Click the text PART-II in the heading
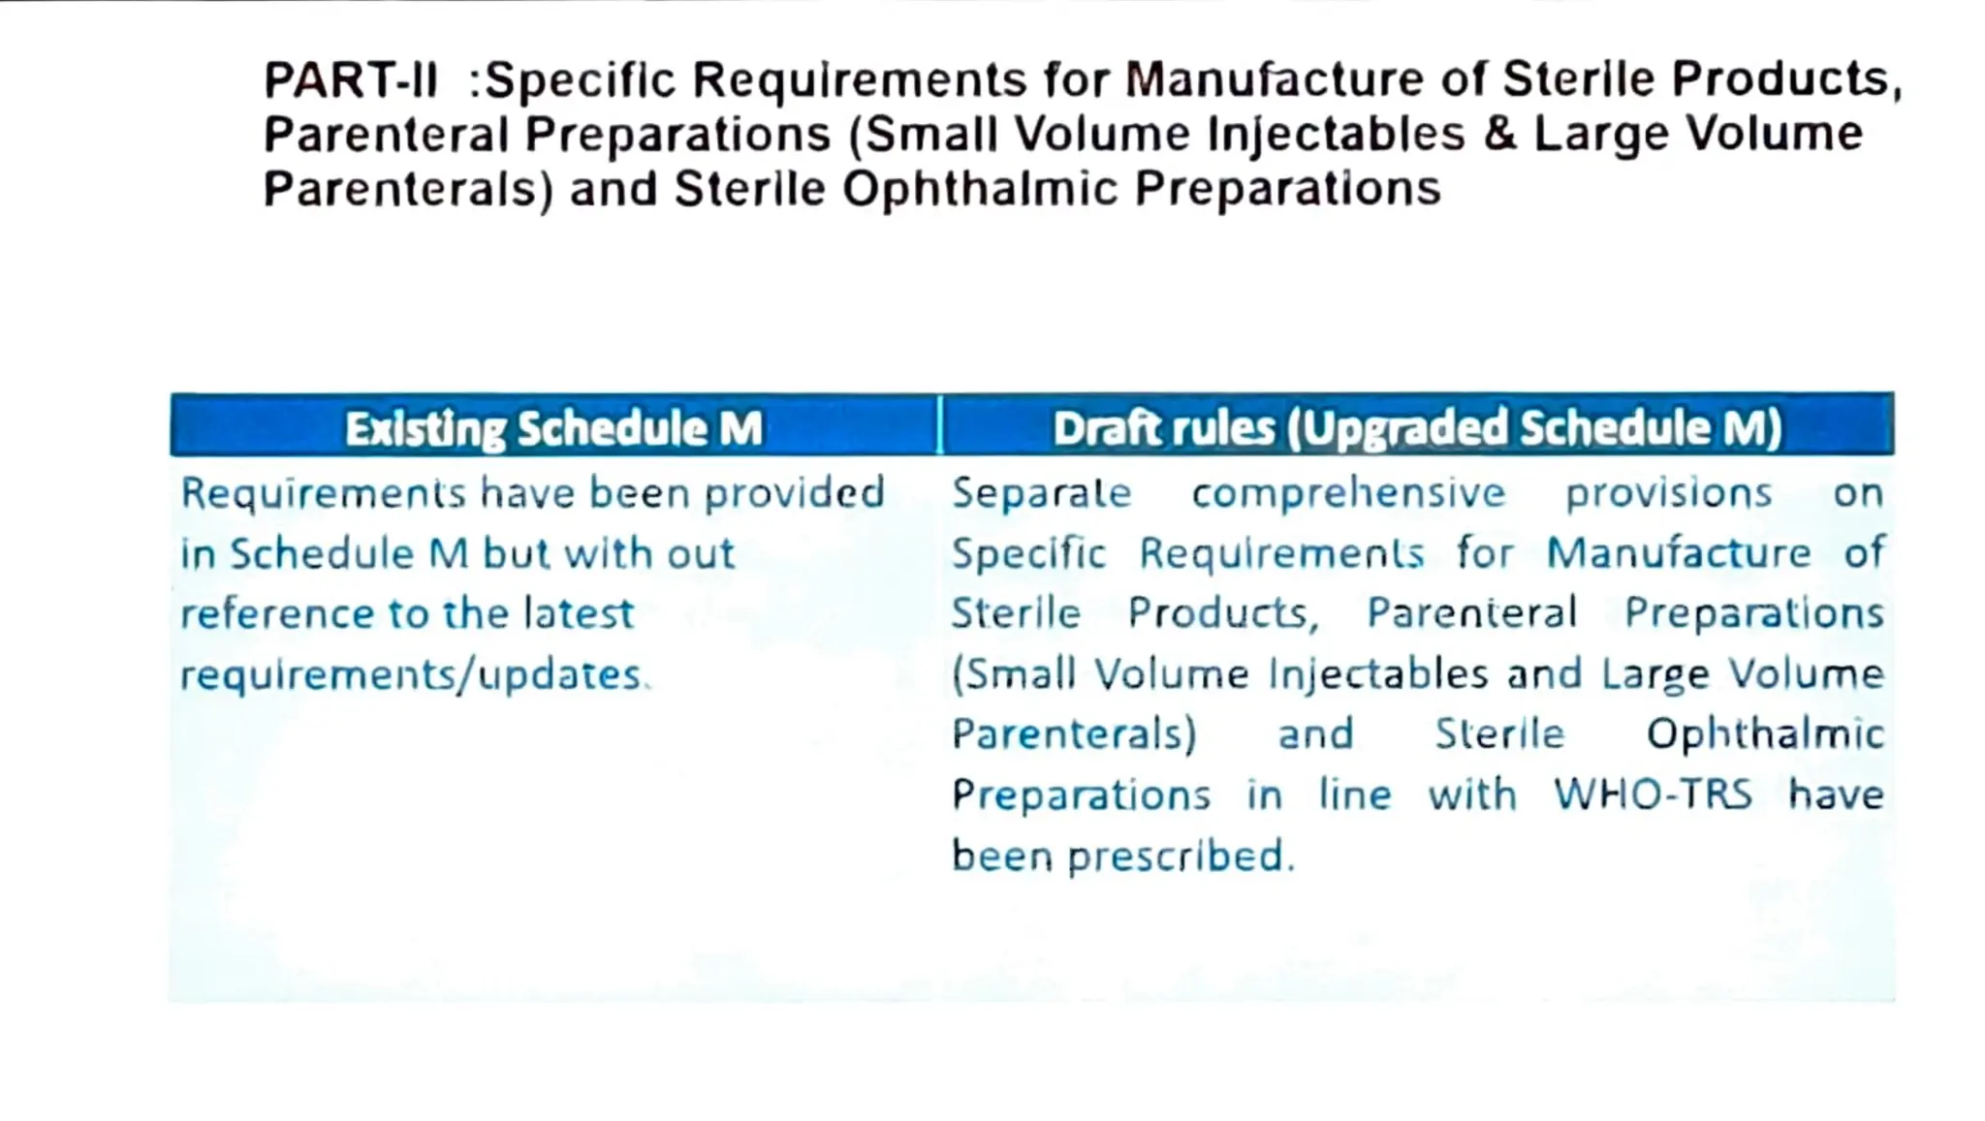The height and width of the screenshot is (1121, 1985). point(351,80)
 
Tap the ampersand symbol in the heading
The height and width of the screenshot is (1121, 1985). point(1498,133)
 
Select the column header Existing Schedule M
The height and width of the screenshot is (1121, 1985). point(553,428)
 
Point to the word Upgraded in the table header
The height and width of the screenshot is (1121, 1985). point(1402,428)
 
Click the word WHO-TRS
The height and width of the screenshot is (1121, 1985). point(1653,794)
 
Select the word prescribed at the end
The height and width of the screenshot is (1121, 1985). point(1181,856)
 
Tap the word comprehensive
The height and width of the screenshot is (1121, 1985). point(1348,493)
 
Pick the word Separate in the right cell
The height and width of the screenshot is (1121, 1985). point(1041,493)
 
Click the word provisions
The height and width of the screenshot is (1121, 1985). point(1669,493)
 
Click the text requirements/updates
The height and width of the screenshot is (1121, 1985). point(411,675)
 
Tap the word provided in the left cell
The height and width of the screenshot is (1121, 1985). point(794,493)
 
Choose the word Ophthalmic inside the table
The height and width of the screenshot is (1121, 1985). point(1764,734)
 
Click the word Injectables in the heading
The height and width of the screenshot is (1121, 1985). point(1336,134)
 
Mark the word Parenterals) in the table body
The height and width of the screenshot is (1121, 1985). point(1074,734)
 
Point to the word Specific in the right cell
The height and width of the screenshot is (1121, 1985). point(1028,554)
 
